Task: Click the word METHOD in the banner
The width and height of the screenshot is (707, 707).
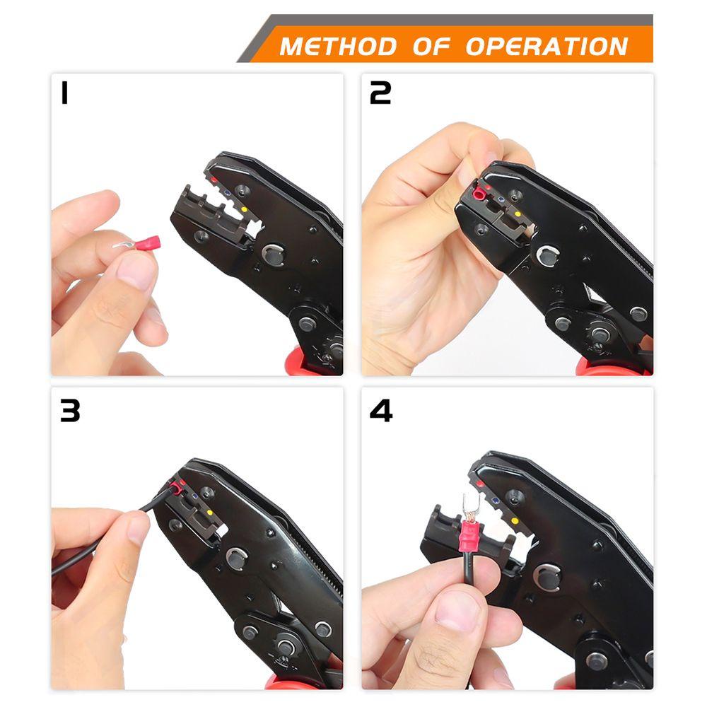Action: pos(338,47)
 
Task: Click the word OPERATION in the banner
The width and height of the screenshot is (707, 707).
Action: pos(547,47)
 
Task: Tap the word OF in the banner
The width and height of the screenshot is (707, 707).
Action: pos(431,47)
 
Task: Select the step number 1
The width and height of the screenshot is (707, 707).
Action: pos(64,93)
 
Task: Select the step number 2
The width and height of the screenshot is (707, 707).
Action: pos(380,93)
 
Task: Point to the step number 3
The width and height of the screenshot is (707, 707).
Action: pos(70,411)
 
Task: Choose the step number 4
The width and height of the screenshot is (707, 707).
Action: pos(381,411)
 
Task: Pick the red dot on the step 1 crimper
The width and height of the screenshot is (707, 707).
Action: pos(214,180)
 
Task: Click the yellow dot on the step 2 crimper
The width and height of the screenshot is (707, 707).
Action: pos(518,214)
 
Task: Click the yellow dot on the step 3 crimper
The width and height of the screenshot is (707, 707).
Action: pos(209,513)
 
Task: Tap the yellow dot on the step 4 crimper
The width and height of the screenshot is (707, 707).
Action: pos(515,521)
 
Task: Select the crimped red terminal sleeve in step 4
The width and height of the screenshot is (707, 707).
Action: pos(469,539)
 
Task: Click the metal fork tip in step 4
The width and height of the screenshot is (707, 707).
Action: pos(469,506)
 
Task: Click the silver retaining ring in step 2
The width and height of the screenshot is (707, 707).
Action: pos(547,256)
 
